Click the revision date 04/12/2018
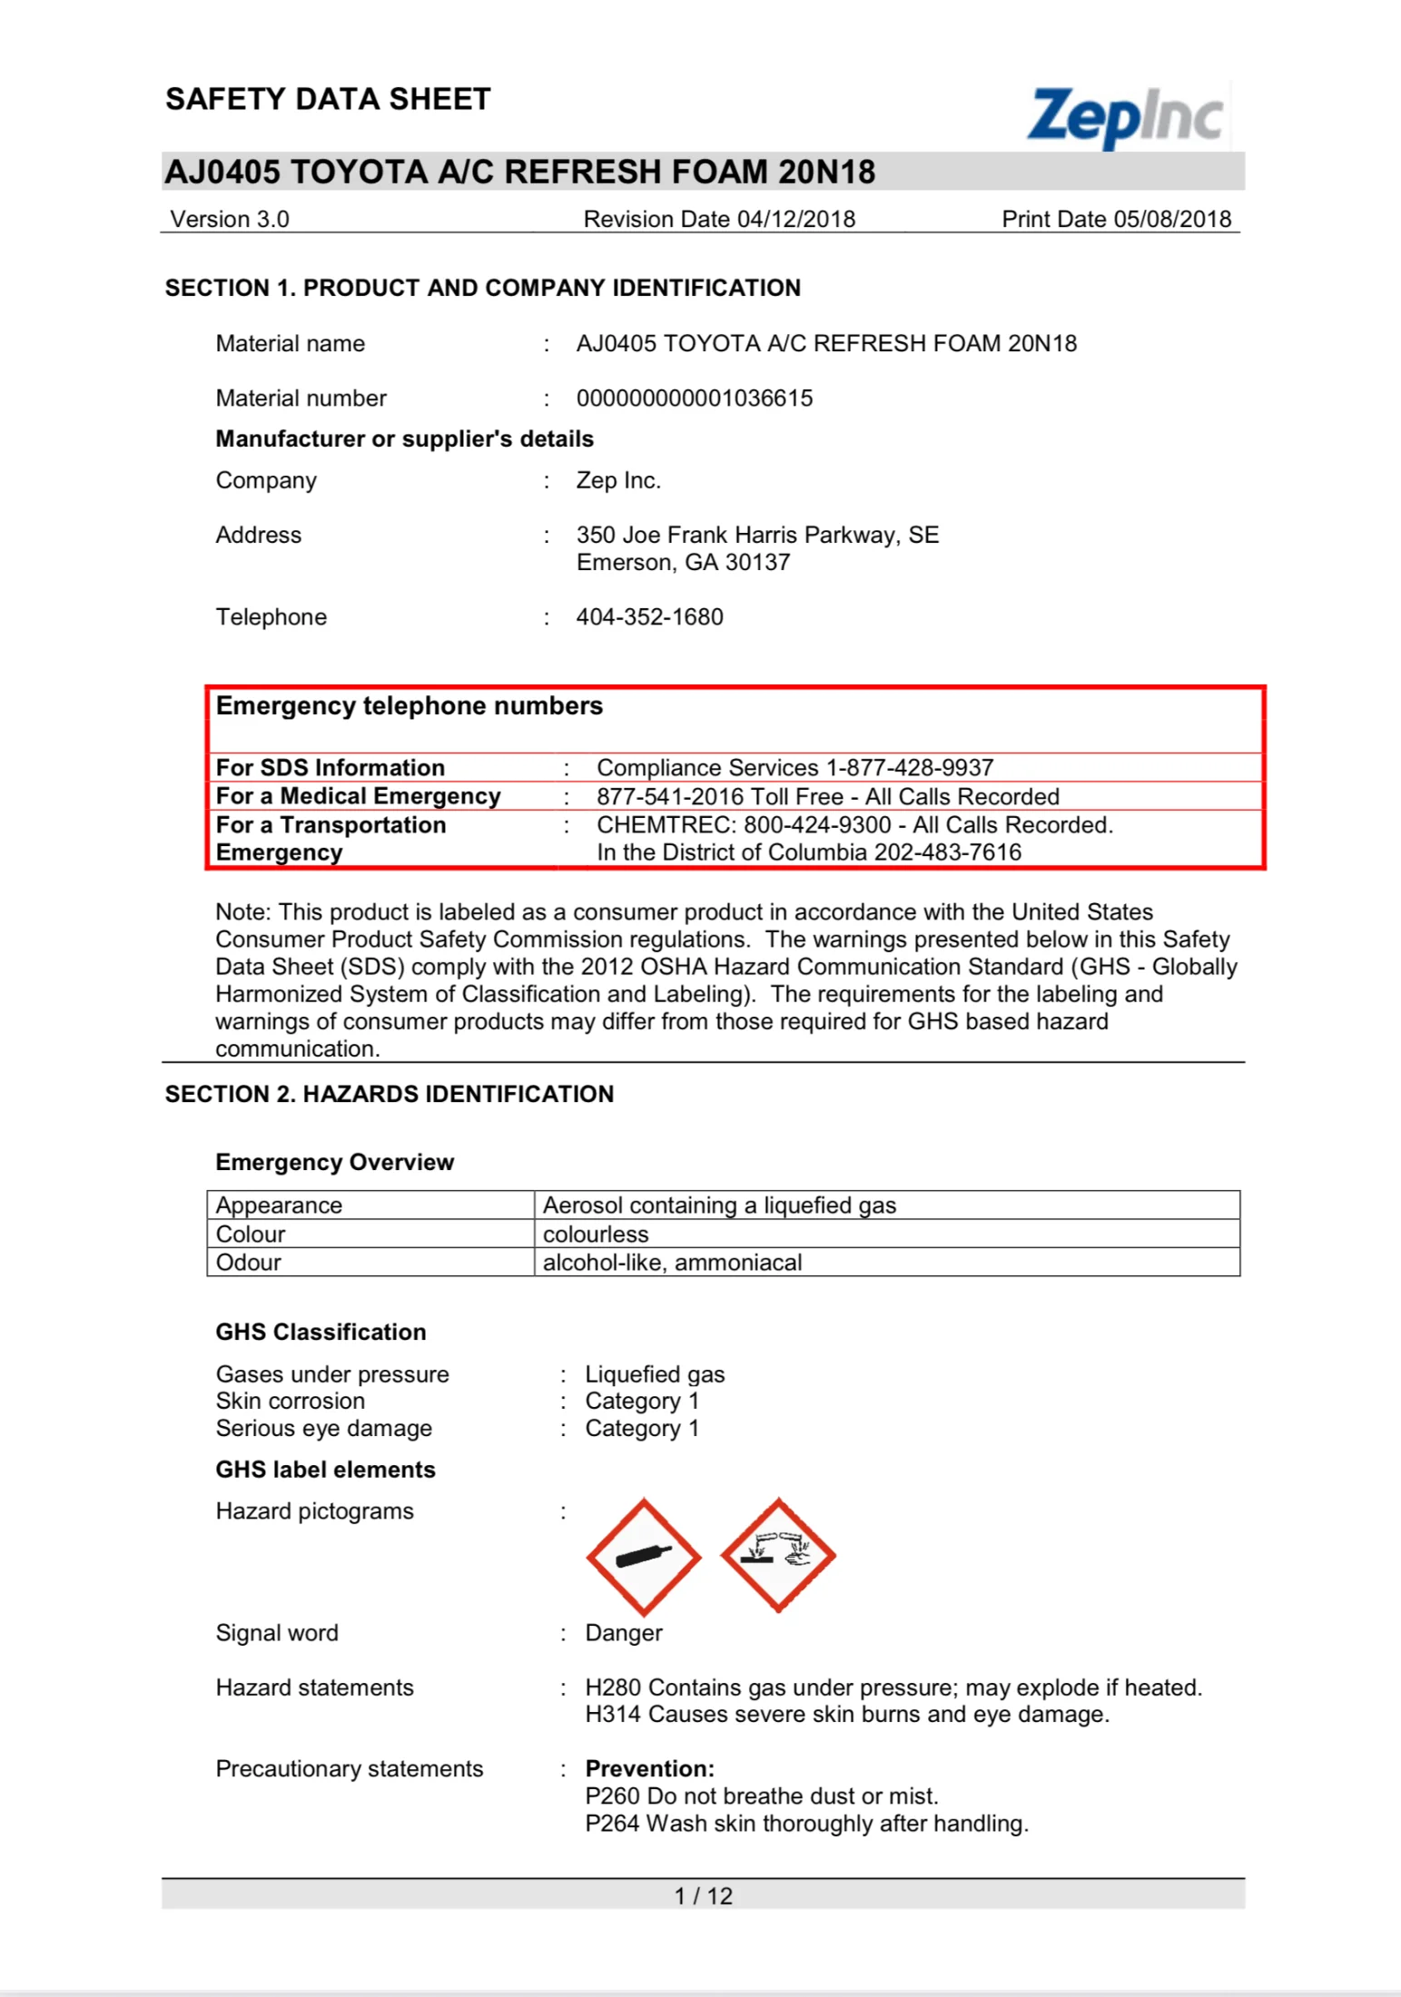[x=796, y=220]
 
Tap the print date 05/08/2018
[x=1172, y=220]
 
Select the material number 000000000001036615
[x=695, y=398]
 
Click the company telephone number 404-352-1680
[x=649, y=617]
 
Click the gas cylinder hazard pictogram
[x=644, y=1557]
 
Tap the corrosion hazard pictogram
[x=778, y=1555]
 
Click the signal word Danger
[x=624, y=1633]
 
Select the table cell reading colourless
[x=596, y=1235]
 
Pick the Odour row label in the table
[x=249, y=1263]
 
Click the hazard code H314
[x=613, y=1715]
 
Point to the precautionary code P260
[x=612, y=1796]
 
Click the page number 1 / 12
[x=703, y=1896]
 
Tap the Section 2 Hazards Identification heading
[x=390, y=1095]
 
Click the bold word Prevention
[x=649, y=1769]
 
